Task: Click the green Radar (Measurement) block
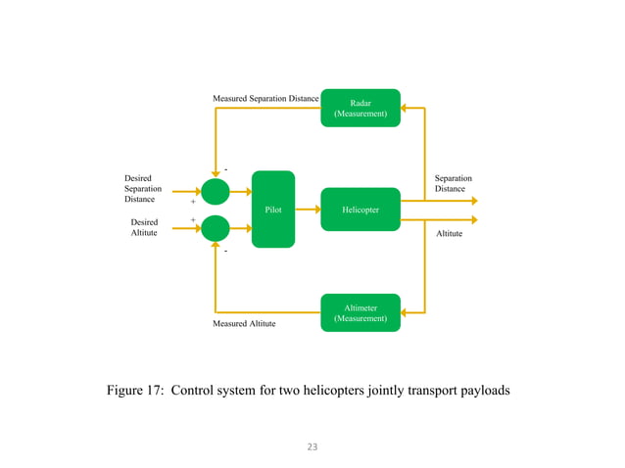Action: [x=361, y=108]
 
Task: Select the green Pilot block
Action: [x=273, y=209]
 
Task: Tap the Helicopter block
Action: [x=361, y=210]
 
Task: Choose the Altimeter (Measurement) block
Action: [x=361, y=312]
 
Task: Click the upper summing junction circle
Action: [x=215, y=192]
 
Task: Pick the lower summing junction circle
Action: [x=215, y=229]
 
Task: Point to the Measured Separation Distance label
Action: [x=265, y=99]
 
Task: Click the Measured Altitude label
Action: [x=244, y=323]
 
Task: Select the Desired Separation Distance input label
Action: [x=143, y=189]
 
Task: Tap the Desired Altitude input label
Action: [x=144, y=227]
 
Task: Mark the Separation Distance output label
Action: [x=453, y=183]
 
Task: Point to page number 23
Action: [x=312, y=446]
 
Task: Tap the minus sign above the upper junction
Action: [x=225, y=168]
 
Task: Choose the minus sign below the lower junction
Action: [x=225, y=252]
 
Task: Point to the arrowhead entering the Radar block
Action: [x=406, y=108]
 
